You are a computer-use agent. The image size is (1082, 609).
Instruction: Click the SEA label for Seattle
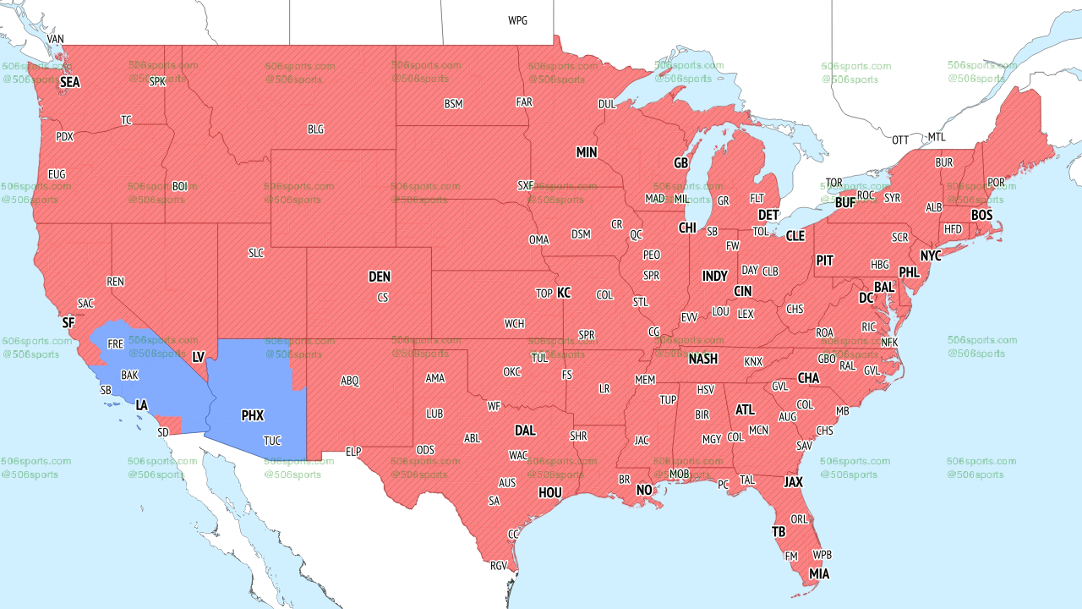click(x=70, y=83)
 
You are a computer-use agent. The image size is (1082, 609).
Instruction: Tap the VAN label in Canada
click(x=56, y=40)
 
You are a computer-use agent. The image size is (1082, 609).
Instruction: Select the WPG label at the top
click(x=517, y=20)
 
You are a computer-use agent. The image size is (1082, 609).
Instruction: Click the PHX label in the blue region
click(x=253, y=416)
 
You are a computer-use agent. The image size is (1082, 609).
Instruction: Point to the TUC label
click(x=272, y=442)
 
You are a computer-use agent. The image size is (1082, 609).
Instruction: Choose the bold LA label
click(x=142, y=406)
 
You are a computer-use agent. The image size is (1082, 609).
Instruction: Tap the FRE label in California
click(x=116, y=345)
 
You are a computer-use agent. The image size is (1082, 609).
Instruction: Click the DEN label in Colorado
click(x=380, y=277)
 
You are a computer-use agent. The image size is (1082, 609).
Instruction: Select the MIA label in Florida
click(x=819, y=574)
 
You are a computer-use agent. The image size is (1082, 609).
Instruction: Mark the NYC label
click(x=931, y=255)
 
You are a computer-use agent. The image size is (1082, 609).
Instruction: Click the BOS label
click(x=981, y=216)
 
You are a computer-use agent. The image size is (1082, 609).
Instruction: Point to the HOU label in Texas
click(x=550, y=492)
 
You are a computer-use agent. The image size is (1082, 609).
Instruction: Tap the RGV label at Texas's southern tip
click(x=499, y=566)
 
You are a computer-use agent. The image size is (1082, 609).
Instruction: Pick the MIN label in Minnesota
click(x=587, y=153)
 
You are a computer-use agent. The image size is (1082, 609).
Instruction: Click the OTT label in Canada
click(x=900, y=140)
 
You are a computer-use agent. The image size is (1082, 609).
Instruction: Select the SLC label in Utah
click(x=256, y=253)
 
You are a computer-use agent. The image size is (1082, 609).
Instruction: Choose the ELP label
click(x=353, y=453)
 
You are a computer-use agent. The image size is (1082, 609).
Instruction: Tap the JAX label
click(x=793, y=482)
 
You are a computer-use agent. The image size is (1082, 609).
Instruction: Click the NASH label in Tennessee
click(x=702, y=359)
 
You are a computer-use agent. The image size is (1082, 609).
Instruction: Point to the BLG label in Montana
click(x=315, y=130)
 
